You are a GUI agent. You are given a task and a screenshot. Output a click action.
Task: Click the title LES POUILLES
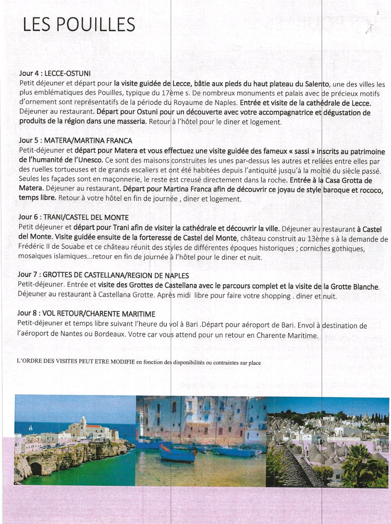point(79,25)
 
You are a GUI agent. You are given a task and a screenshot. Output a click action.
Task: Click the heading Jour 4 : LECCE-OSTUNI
point(55,74)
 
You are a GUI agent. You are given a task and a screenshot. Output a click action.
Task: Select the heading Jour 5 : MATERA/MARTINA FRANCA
point(76,141)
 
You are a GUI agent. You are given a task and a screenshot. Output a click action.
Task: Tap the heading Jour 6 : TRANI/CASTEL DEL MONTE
point(73,217)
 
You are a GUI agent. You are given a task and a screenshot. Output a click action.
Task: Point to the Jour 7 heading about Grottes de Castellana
point(103,275)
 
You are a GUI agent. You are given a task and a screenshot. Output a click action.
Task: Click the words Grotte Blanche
point(351,287)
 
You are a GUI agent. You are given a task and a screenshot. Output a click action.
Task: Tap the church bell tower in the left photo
point(83,422)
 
